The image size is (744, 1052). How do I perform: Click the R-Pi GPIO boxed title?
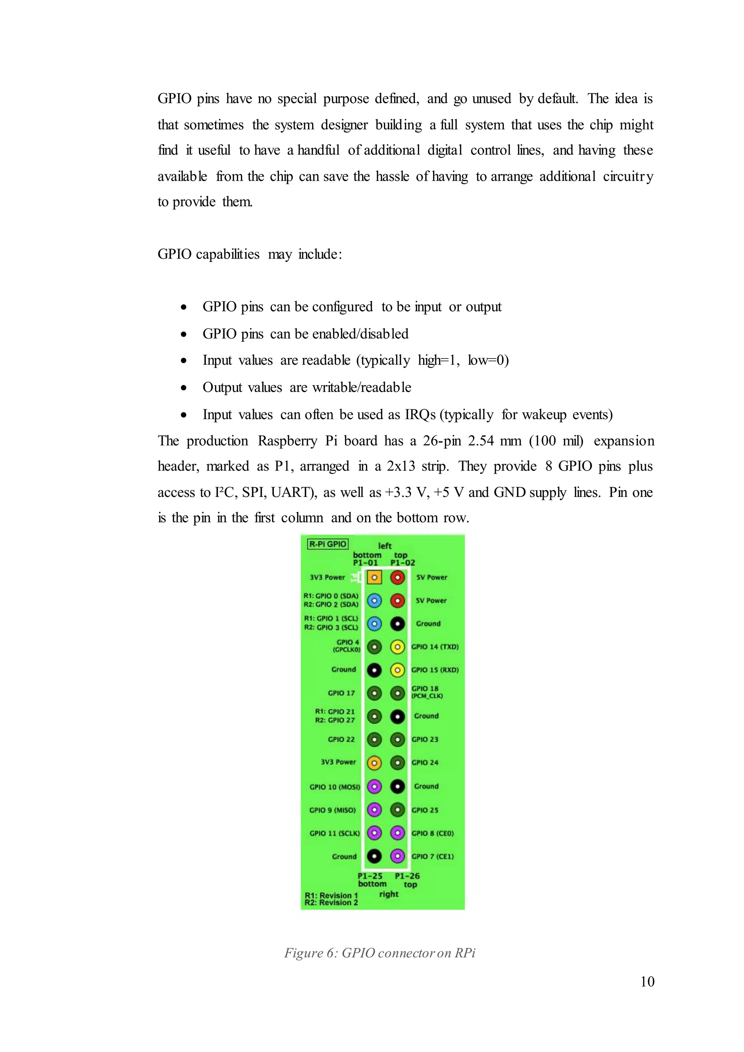pyautogui.click(x=328, y=544)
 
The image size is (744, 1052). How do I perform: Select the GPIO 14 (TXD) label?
pyautogui.click(x=435, y=647)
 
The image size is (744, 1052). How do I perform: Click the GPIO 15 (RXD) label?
pyautogui.click(x=435, y=670)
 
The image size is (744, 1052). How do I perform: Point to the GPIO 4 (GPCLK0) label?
pyautogui.click(x=347, y=646)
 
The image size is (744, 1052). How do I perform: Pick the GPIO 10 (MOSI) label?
pyautogui.click(x=335, y=787)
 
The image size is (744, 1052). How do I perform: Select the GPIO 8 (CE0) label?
pyautogui.click(x=432, y=833)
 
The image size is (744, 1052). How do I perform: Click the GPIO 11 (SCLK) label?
pyautogui.click(x=335, y=833)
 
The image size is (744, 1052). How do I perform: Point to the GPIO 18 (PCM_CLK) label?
pyautogui.click(x=426, y=692)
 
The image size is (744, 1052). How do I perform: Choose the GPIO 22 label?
pyautogui.click(x=341, y=739)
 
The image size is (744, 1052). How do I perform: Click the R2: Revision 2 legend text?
pyautogui.click(x=331, y=903)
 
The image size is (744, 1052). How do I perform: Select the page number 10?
pyautogui.click(x=647, y=982)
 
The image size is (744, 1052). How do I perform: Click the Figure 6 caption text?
pyautogui.click(x=380, y=953)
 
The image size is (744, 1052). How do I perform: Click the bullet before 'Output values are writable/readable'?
pyautogui.click(x=184, y=388)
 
